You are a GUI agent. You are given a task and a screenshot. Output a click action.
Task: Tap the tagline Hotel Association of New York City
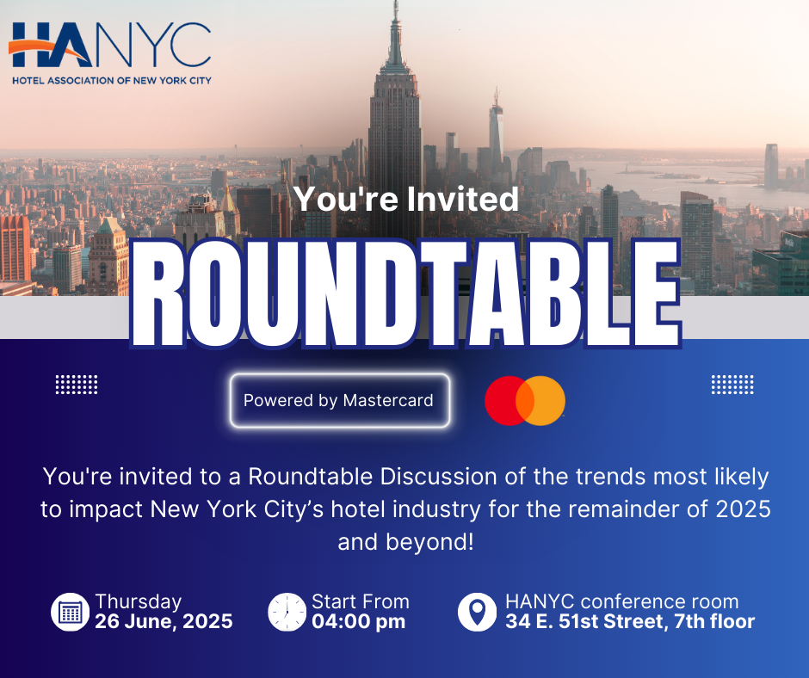tap(111, 81)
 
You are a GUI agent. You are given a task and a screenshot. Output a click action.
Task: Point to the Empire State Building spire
tap(396, 32)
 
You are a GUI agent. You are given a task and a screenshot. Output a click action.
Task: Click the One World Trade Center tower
tap(497, 129)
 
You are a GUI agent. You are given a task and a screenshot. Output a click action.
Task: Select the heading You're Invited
tap(406, 199)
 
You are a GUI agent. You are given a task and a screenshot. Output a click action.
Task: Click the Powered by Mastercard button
tap(340, 400)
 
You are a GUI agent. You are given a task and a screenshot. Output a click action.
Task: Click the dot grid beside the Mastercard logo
tap(732, 385)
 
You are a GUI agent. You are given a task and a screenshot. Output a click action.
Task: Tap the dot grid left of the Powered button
tap(77, 385)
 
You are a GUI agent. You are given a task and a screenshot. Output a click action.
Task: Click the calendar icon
tap(71, 612)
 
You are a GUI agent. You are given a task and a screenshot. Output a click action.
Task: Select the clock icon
tap(287, 612)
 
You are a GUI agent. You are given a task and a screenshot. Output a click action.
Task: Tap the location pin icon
tap(478, 612)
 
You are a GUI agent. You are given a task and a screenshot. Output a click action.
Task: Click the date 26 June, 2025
tap(164, 622)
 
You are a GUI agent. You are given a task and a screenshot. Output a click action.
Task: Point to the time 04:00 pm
tap(359, 622)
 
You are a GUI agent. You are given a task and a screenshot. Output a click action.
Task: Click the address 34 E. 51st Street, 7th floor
tap(630, 622)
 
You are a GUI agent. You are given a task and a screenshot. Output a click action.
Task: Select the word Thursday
tap(139, 601)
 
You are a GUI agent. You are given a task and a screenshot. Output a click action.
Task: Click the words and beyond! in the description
tap(405, 542)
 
